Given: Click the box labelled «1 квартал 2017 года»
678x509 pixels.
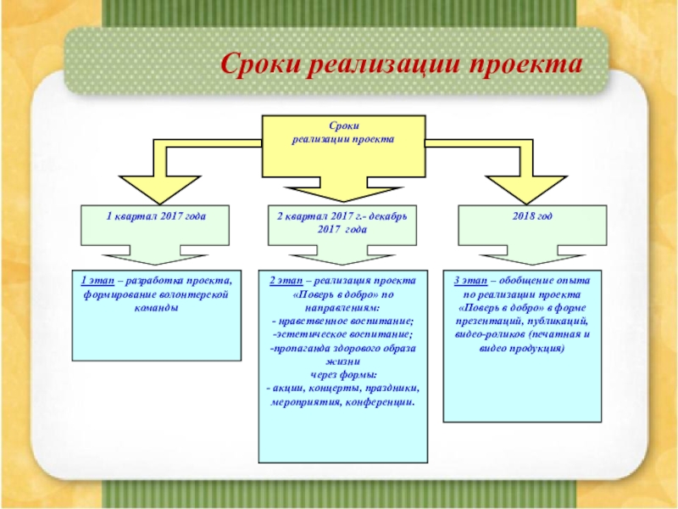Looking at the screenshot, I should pyautogui.click(x=156, y=222).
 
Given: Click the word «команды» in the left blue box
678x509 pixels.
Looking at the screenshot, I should pyautogui.click(x=156, y=308).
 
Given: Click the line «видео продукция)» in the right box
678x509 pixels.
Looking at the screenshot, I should pyautogui.click(x=521, y=349).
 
